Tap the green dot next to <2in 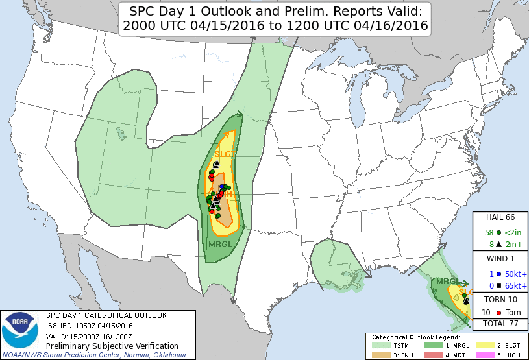tap(498, 232)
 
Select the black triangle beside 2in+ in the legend tap(498, 245)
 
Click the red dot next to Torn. tap(498, 313)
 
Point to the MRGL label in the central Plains tap(219, 245)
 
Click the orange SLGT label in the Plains tap(225, 154)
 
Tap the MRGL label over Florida tap(447, 282)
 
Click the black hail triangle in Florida tap(466, 300)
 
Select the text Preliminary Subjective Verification tap(103, 347)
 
